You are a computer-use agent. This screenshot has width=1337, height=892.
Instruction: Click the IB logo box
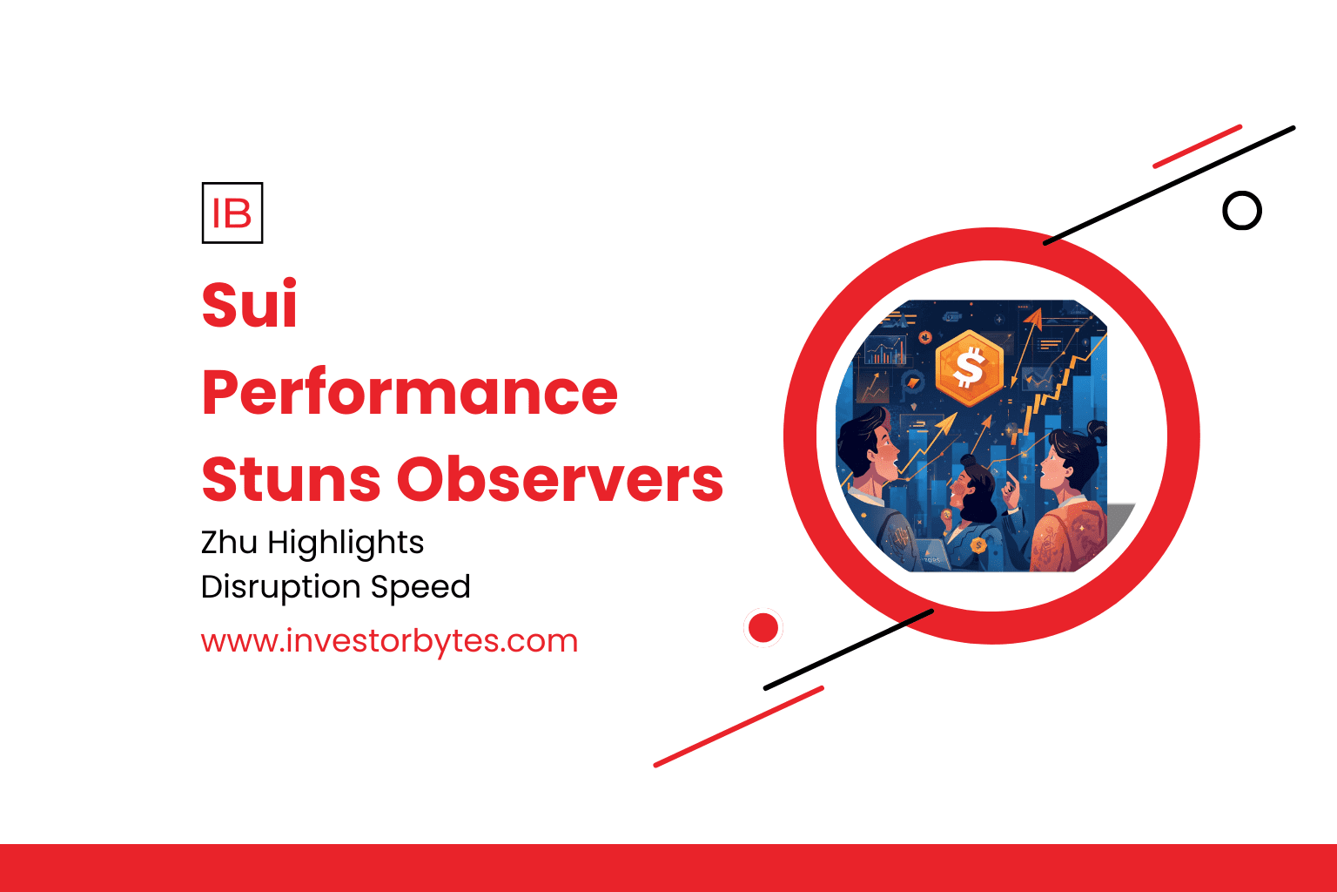[232, 213]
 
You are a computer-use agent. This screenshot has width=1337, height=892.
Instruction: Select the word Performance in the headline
[409, 391]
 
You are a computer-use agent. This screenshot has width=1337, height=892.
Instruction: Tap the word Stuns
[291, 479]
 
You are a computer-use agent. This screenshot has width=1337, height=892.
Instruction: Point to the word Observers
[560, 479]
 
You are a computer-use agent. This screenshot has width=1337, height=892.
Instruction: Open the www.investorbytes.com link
[389, 641]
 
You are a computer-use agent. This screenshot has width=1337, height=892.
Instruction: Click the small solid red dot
[763, 628]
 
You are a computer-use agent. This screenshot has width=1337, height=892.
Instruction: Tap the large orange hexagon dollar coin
[970, 368]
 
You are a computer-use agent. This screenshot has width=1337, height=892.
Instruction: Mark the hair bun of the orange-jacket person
[1096, 431]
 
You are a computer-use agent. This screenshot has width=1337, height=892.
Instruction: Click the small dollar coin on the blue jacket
[978, 545]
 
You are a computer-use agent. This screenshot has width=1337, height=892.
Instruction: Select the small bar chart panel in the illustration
[884, 350]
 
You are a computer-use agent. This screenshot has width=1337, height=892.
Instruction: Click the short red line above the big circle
[1198, 146]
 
